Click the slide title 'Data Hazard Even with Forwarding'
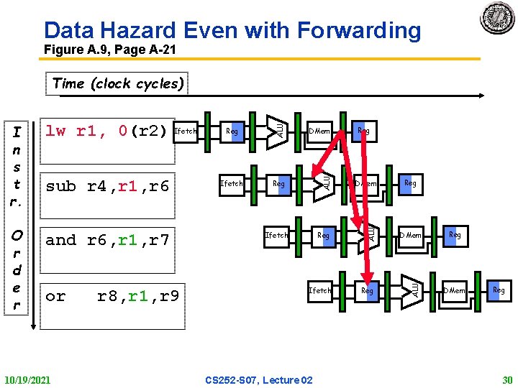point(232,30)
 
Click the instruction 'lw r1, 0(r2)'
point(106,131)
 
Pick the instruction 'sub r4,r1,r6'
point(107,186)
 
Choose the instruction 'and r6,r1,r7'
point(107,240)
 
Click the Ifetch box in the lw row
point(186,131)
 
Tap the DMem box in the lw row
point(319,131)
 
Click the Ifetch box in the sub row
point(232,183)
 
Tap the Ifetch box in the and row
point(276,235)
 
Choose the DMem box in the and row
point(411,235)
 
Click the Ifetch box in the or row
point(320,290)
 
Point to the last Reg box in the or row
point(498,290)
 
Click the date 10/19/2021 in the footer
point(28,379)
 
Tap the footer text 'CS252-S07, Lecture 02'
point(259,379)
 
